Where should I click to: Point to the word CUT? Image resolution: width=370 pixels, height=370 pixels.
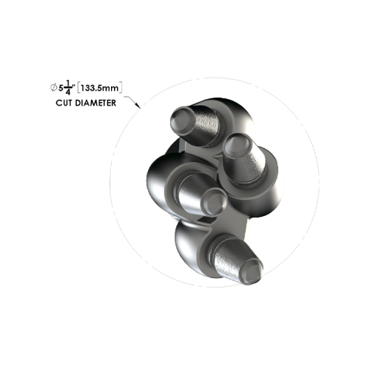pos(65,103)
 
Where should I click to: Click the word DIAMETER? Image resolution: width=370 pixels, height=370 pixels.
pos(98,103)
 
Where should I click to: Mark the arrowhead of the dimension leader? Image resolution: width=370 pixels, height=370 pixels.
pos(137,108)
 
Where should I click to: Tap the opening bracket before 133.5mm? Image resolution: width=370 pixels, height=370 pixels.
pos(81,88)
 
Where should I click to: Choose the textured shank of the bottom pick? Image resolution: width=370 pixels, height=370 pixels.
pos(232,256)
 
